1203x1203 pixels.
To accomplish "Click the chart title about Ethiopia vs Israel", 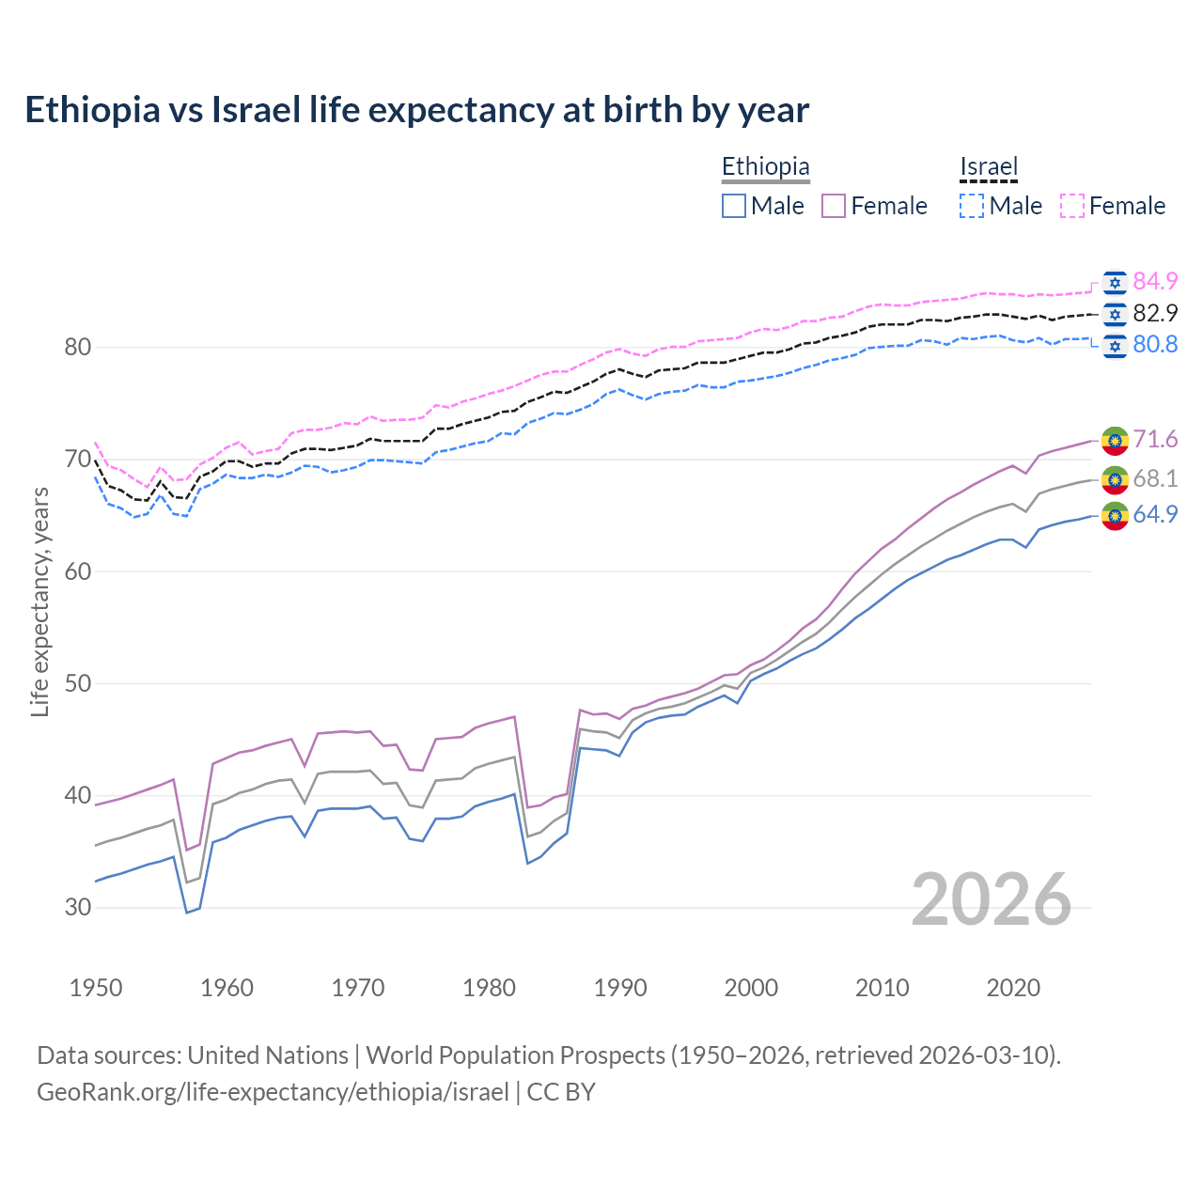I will (x=416, y=110).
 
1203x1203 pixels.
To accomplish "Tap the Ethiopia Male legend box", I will (x=734, y=206).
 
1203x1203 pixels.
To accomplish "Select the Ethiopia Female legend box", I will (x=834, y=206).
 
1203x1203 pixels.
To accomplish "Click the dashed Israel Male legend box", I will (x=972, y=206).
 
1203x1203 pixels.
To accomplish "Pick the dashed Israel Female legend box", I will (x=1072, y=206).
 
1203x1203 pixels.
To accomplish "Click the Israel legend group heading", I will (x=989, y=167).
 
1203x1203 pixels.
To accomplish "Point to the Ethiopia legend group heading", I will (x=765, y=167).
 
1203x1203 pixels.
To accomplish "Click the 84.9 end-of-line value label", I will (x=1155, y=281).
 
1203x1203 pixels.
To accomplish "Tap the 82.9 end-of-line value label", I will (x=1155, y=313).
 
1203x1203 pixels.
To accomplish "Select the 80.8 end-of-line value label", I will (x=1155, y=345).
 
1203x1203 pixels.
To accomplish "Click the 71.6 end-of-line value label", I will (x=1155, y=439).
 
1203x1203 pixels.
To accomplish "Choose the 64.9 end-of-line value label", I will (x=1155, y=514).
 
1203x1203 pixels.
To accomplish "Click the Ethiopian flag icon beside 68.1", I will (x=1115, y=479).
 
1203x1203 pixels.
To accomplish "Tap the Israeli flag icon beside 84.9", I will (x=1115, y=282).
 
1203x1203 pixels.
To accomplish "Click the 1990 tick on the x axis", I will (x=620, y=988).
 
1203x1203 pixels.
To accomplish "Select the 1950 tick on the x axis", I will (x=96, y=988).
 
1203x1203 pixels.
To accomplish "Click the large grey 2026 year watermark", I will (x=991, y=899).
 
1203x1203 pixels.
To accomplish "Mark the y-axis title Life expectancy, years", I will (x=40, y=601).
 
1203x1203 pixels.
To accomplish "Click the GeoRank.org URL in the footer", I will (x=273, y=1092).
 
